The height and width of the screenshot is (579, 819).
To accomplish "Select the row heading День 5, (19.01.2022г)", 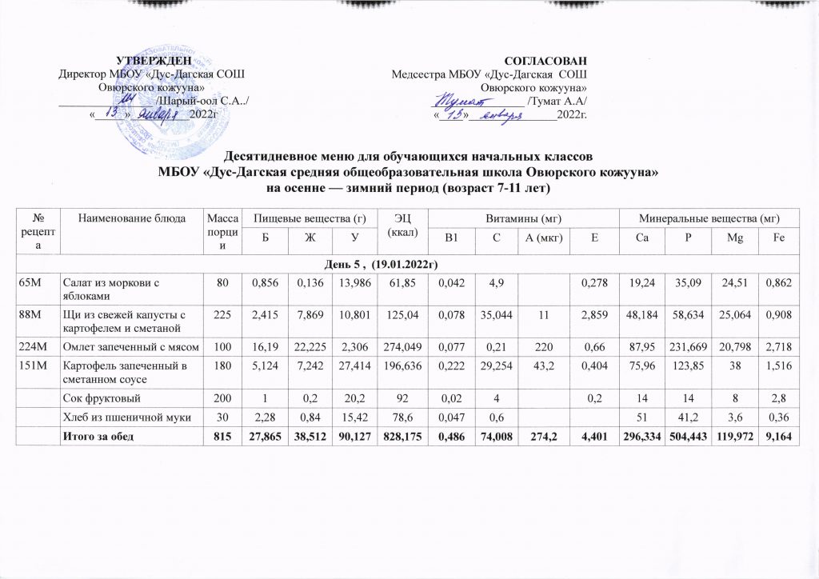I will click(x=409, y=263).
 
